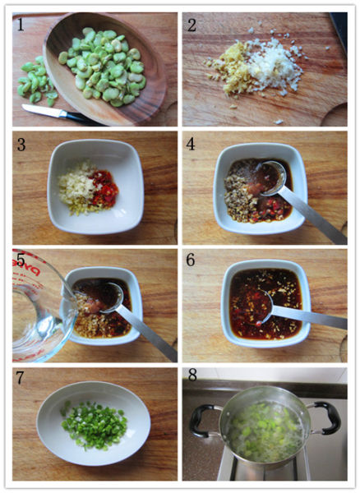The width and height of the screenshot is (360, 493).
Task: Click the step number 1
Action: [x=20, y=25]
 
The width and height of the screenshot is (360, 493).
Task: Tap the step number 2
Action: [x=192, y=25]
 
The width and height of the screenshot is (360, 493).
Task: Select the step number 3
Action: [x=21, y=145]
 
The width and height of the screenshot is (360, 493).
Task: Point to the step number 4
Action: [x=191, y=144]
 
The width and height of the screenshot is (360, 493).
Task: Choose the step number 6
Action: [x=191, y=260]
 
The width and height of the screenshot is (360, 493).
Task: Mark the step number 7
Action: [x=20, y=378]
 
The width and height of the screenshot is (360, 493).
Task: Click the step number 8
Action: [x=192, y=376]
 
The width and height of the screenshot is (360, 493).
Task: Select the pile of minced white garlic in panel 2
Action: [x=274, y=66]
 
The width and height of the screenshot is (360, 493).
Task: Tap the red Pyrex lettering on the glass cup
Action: [x=30, y=266]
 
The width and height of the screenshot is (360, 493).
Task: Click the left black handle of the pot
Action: [x=203, y=420]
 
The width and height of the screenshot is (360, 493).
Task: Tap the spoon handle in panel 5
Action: [x=147, y=335]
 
